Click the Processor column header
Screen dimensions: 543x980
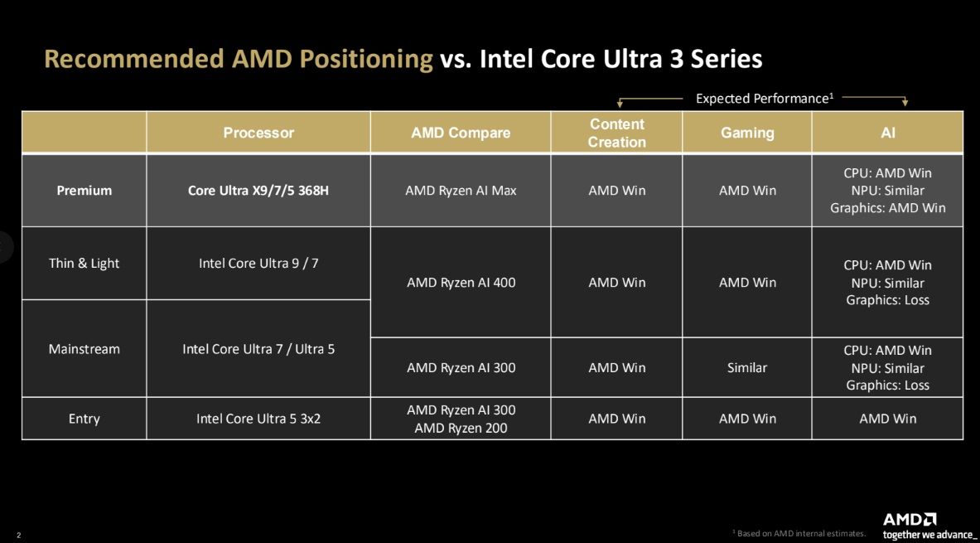coord(258,133)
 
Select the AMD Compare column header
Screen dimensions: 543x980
coord(461,133)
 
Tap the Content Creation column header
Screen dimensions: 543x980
coord(616,133)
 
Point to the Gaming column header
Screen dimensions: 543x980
coord(747,133)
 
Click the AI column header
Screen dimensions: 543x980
coord(887,133)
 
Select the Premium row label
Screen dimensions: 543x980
coord(84,191)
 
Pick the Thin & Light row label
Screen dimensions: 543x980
coord(84,264)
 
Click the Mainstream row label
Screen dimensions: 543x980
coord(84,349)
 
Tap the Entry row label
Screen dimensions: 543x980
coord(84,419)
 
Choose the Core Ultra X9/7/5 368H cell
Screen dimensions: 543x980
coord(258,191)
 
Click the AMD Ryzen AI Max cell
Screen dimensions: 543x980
coord(461,191)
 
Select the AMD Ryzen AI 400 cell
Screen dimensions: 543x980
coord(461,283)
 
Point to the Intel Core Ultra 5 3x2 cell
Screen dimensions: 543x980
coord(258,419)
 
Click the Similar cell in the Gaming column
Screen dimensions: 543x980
coord(747,367)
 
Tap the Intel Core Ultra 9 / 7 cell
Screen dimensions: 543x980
coord(258,264)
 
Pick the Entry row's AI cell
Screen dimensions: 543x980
coord(887,419)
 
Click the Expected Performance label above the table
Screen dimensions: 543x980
coord(762,99)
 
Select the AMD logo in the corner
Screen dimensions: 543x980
coord(910,520)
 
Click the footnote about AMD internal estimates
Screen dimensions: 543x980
coord(799,533)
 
